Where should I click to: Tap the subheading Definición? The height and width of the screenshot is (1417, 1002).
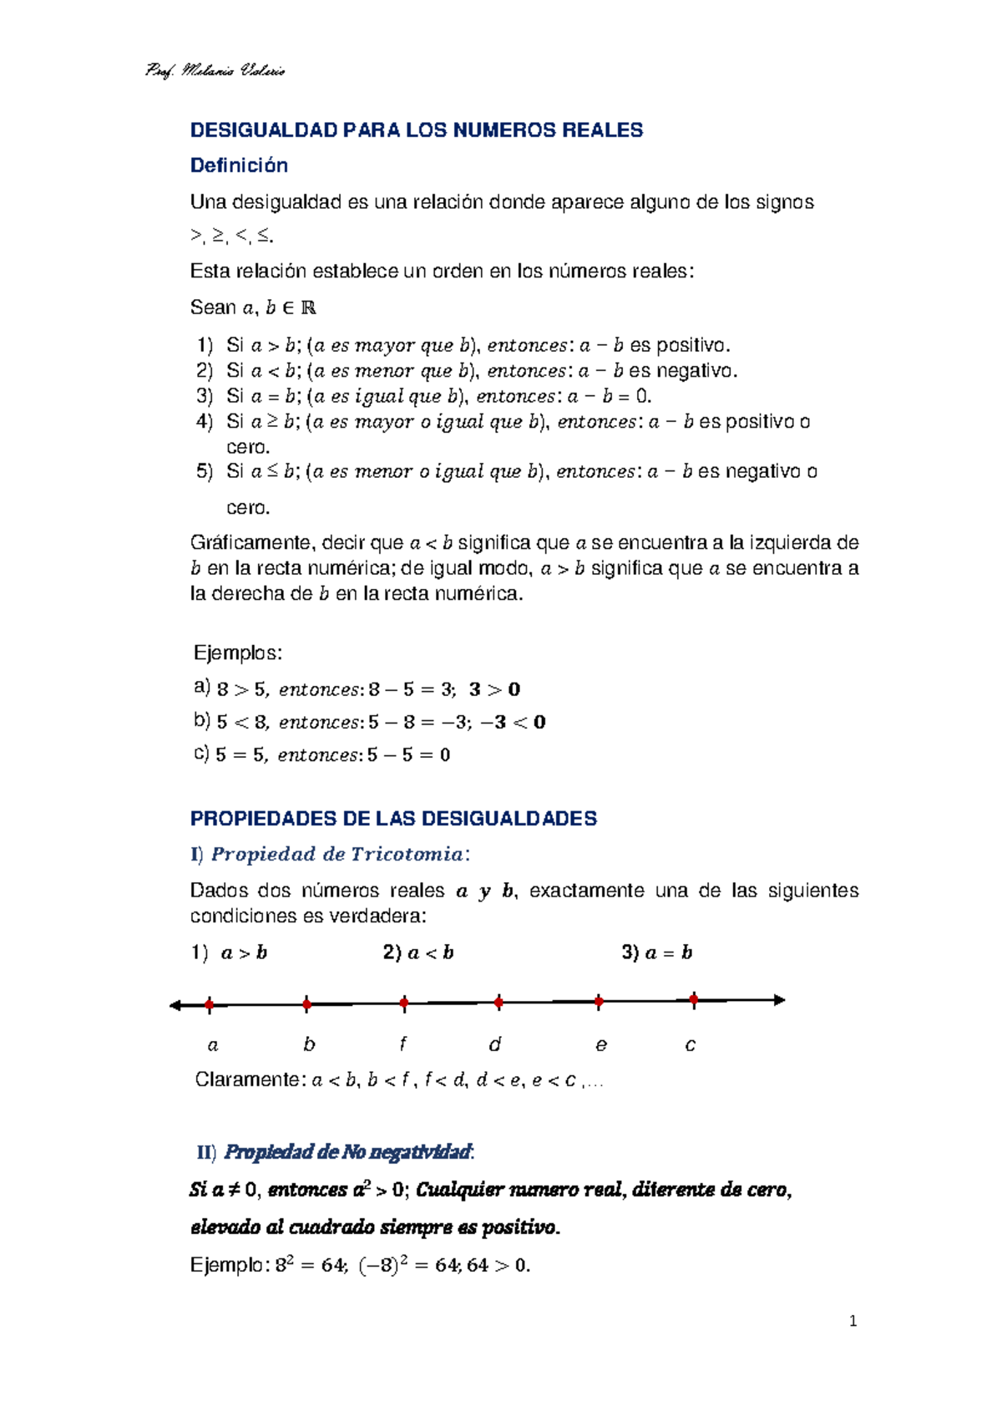pos(239,165)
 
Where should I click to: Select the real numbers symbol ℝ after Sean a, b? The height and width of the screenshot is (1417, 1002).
pos(308,308)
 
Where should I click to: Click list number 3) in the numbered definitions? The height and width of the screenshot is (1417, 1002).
pos(205,396)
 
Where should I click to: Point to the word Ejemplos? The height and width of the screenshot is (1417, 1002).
pos(238,653)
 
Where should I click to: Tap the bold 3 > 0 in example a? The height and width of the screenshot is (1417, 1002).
pos(494,689)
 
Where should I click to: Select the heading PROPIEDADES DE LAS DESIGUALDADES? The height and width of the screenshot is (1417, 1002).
pos(393,819)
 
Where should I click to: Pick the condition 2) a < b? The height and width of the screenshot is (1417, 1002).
pos(418,952)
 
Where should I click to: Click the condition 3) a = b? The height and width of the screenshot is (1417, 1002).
pos(657,952)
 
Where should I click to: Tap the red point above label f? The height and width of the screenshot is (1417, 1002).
pos(404,1003)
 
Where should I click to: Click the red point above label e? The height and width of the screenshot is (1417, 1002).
pos(599,1001)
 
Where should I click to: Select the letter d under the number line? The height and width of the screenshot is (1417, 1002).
pos(494,1044)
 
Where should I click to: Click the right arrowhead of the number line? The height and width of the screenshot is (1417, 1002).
pos(779,999)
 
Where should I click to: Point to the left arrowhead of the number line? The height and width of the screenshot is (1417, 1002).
pos(175,1005)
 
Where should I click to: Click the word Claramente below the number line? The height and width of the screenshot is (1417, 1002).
pos(246,1079)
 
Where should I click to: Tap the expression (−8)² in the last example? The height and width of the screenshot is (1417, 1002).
pos(382,1265)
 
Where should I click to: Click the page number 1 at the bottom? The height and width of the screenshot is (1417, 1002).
pos(853,1321)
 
